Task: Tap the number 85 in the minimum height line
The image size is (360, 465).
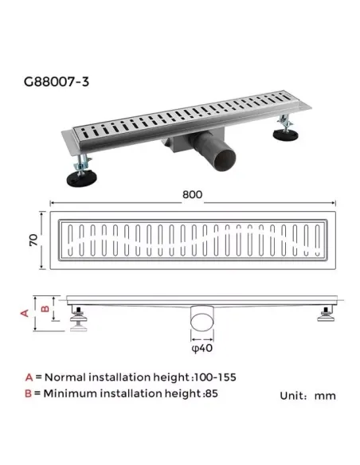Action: (x=211, y=393)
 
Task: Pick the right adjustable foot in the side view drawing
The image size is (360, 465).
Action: (x=327, y=318)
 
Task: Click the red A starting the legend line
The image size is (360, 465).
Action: (x=29, y=377)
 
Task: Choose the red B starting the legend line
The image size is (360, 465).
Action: (x=29, y=393)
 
